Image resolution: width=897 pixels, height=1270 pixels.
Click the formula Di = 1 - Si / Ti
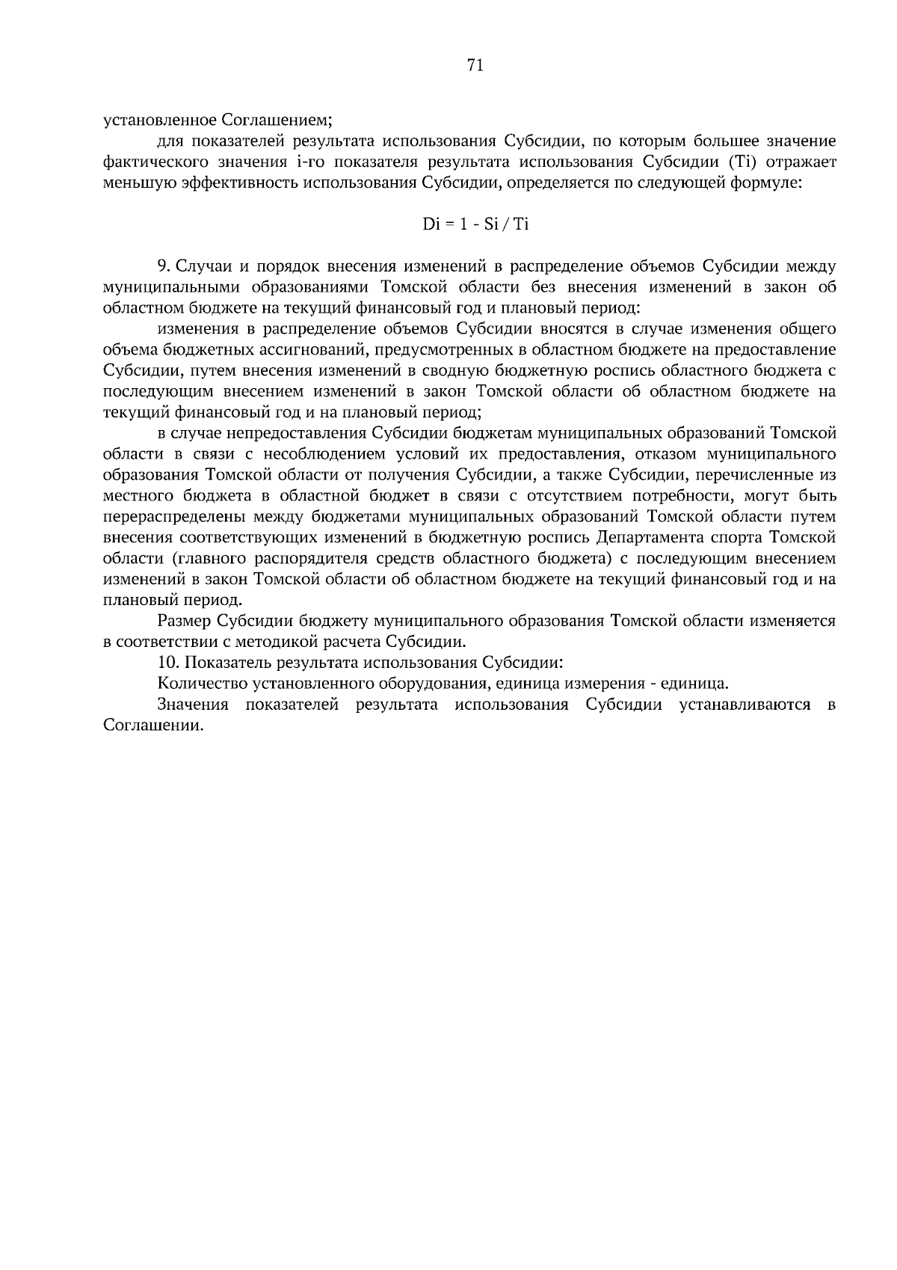(475, 224)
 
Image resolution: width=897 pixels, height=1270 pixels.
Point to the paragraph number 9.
(164, 266)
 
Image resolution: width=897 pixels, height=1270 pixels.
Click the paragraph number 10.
(169, 663)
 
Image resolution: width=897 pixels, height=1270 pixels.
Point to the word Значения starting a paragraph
(193, 705)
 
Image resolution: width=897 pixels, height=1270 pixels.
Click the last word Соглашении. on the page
(153, 726)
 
